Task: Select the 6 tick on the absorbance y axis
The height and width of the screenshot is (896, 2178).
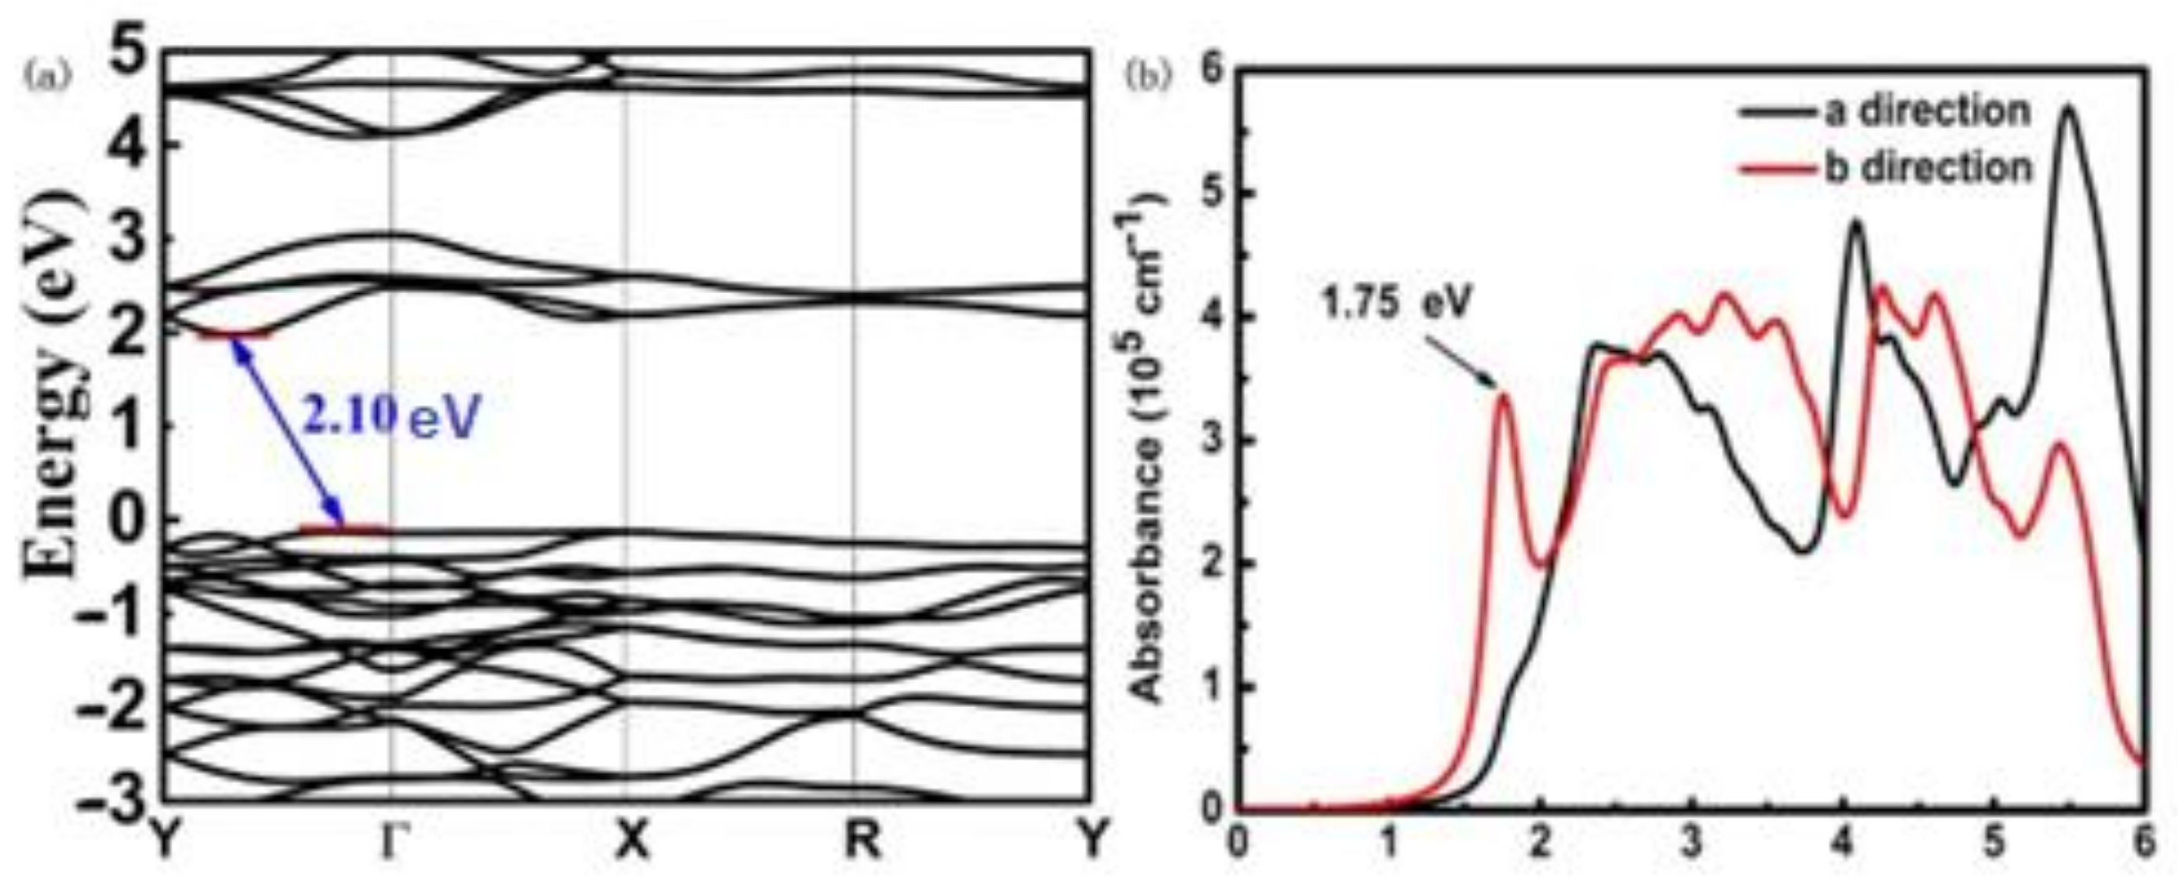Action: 1215,70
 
